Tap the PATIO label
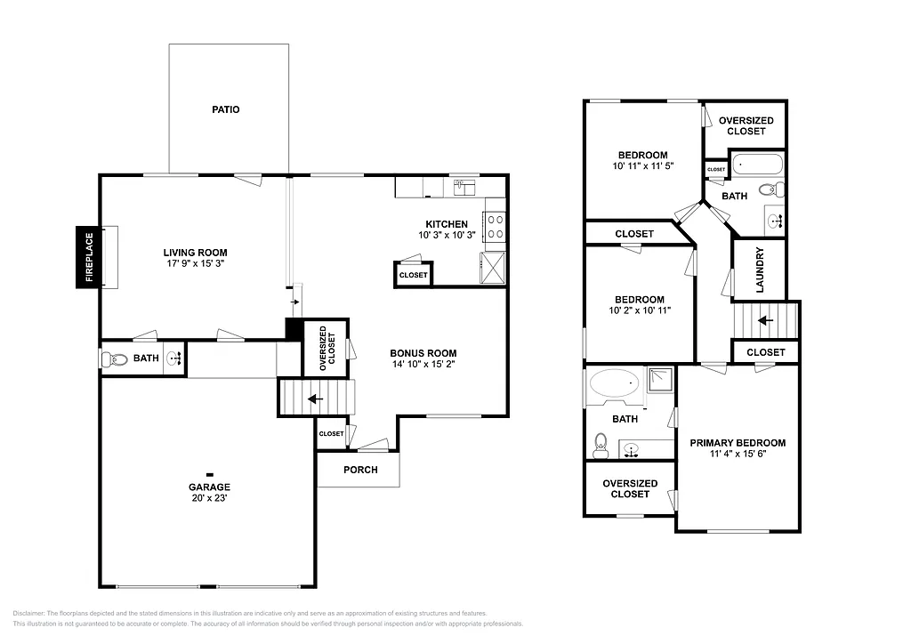tap(225, 110)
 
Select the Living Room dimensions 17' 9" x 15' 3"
tap(195, 264)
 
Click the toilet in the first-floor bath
tap(110, 359)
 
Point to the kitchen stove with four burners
tap(495, 227)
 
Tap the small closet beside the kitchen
tap(413, 275)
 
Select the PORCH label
tap(359, 470)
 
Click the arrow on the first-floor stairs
tap(314, 398)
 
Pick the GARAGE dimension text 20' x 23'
tap(209, 498)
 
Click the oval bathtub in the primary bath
tap(615, 385)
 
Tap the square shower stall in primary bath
tap(660, 382)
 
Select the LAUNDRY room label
tap(759, 270)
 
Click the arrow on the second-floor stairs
tap(764, 318)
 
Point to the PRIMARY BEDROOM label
tap(738, 443)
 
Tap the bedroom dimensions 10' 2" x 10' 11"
tap(639, 310)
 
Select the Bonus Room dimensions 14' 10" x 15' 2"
tap(423, 364)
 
